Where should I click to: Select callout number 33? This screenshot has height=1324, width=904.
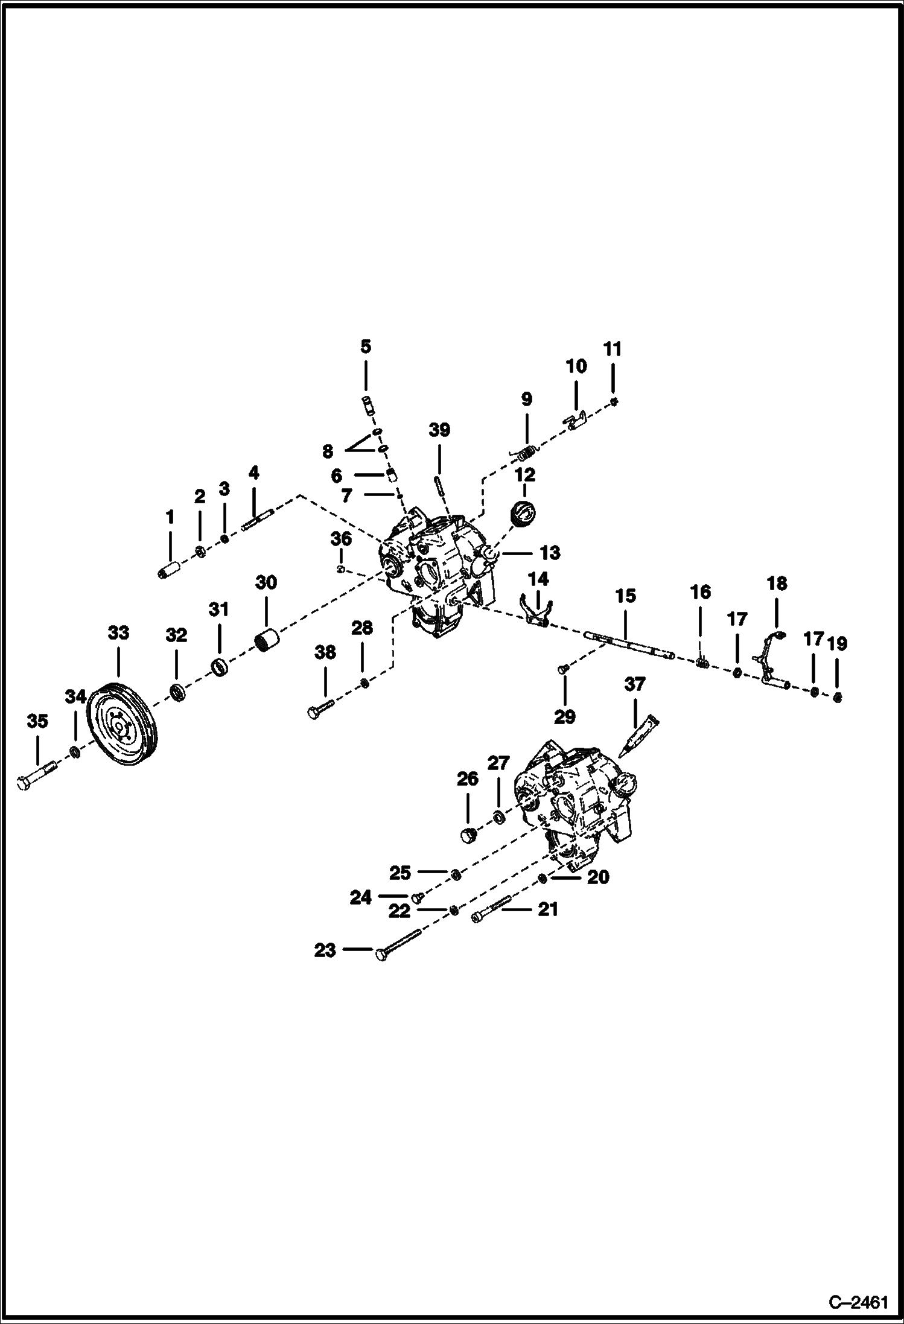pyautogui.click(x=118, y=633)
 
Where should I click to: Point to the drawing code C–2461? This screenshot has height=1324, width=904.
pyautogui.click(x=858, y=1302)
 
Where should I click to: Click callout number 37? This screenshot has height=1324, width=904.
pyautogui.click(x=634, y=684)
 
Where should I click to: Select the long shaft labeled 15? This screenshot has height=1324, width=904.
pyautogui.click(x=628, y=644)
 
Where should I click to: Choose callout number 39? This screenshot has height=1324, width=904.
pyautogui.click(x=439, y=430)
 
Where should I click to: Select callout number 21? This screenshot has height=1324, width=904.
pyautogui.click(x=548, y=909)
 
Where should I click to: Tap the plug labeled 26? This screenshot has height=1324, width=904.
pyautogui.click(x=470, y=836)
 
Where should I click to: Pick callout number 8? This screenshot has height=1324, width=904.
pyautogui.click(x=328, y=451)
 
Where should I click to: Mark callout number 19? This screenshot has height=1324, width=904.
pyautogui.click(x=837, y=644)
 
